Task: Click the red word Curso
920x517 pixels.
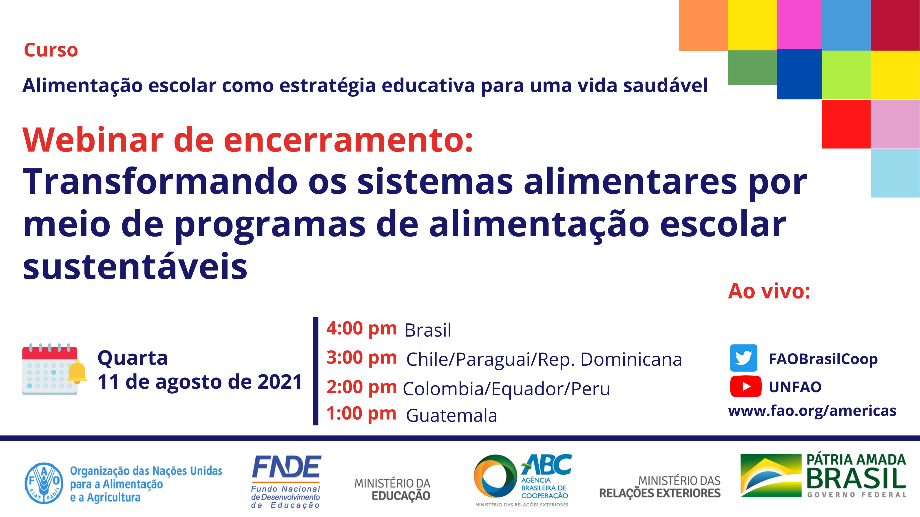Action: point(51,50)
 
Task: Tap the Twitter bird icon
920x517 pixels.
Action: point(744,358)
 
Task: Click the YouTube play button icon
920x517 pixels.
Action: point(746,386)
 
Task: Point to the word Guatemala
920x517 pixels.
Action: point(451,415)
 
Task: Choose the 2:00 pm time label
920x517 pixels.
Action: point(361,387)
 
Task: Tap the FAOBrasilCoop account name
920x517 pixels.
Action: point(823,359)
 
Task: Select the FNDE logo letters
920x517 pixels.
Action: point(286,467)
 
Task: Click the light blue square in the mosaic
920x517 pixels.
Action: point(895,173)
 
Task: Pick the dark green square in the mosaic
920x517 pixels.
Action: point(752,68)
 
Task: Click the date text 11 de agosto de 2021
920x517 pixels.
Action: point(200,382)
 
